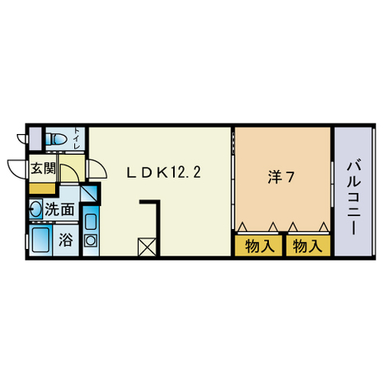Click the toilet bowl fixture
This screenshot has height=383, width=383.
tap(55, 139)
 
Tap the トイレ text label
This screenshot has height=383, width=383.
tap(77, 138)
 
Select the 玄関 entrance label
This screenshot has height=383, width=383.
tap(43, 168)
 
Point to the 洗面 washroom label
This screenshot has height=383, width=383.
tap(59, 210)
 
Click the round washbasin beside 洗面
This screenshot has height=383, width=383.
tap(36, 209)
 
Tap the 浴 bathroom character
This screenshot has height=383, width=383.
tap(65, 239)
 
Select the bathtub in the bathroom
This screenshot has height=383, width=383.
tap(41, 239)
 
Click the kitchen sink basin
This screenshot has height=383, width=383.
tap(91, 222)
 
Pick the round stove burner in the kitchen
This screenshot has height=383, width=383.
tap(91, 241)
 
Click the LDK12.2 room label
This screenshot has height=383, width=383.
tap(164, 172)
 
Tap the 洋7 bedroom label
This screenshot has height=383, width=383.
tap(281, 177)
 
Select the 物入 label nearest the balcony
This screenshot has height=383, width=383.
tap(308, 246)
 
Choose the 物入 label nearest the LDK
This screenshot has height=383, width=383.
tap(259, 246)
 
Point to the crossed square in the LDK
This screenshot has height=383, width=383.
tap(147, 247)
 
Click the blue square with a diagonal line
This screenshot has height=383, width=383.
tap(89, 193)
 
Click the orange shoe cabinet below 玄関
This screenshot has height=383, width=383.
tap(42, 188)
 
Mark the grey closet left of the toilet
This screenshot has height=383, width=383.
tap(35, 138)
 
